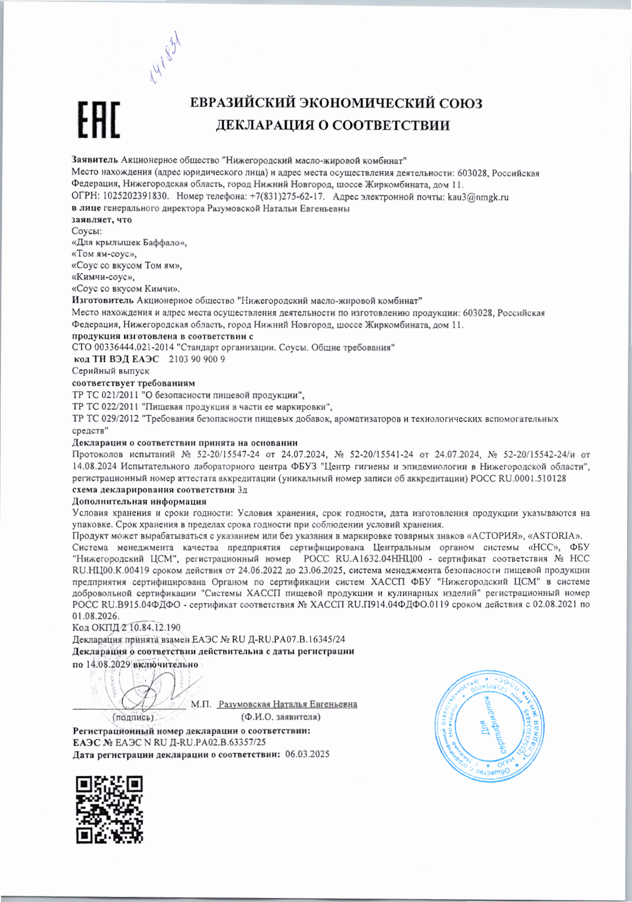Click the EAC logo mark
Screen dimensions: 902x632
[x=99, y=120]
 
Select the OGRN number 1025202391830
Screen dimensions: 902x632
[x=135, y=197]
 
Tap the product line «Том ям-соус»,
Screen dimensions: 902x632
[x=104, y=254]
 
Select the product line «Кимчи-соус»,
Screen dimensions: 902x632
[x=103, y=277]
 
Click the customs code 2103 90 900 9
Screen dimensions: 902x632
[x=196, y=359]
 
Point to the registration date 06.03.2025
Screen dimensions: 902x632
[x=307, y=754]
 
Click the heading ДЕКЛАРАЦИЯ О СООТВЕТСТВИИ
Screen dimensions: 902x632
[x=333, y=125]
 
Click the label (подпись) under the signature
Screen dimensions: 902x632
[x=133, y=717]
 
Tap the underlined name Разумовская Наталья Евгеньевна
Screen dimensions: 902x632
[x=287, y=704]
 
